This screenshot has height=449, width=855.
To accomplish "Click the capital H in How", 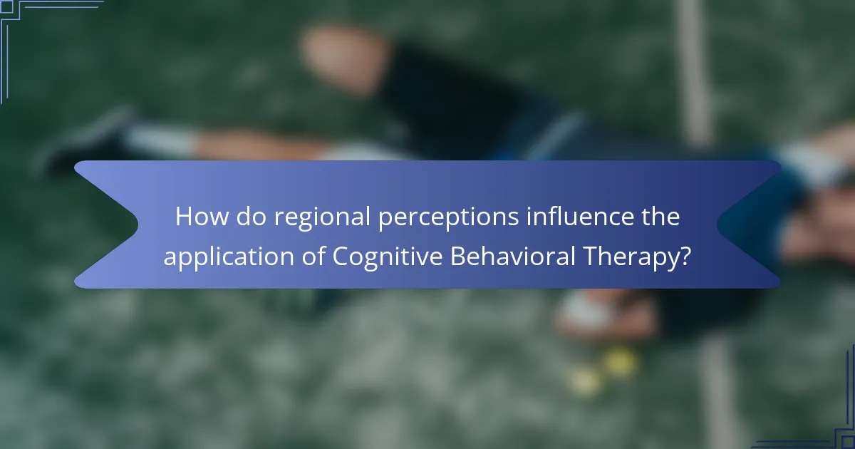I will point(184,217).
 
